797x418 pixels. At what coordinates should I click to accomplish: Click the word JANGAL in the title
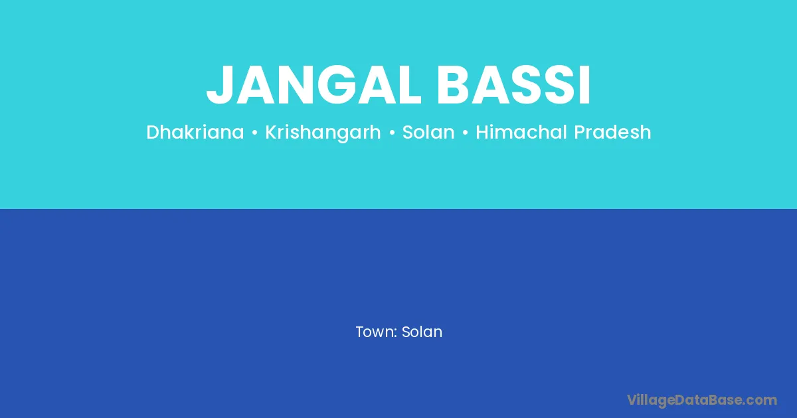(313, 85)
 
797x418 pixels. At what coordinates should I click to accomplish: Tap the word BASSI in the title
(513, 85)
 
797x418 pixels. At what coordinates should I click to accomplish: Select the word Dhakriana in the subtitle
(195, 132)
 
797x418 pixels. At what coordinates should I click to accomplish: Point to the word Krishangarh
(323, 133)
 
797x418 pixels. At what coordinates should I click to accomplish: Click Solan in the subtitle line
(428, 132)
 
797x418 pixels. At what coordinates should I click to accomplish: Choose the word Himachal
(521, 132)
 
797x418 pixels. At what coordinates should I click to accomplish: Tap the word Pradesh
(612, 132)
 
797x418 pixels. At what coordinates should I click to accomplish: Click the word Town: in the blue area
(377, 332)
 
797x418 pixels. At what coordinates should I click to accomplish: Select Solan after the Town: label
(422, 332)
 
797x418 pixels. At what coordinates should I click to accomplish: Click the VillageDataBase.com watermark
(702, 400)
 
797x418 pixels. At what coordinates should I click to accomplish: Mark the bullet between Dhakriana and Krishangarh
(254, 133)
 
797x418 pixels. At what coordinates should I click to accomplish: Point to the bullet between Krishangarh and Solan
(392, 133)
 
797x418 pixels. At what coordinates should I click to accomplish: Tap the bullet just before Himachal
(465, 133)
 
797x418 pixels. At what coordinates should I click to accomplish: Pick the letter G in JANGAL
(338, 85)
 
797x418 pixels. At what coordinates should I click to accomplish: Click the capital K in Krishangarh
(272, 132)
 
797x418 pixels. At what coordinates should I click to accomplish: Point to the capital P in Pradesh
(580, 132)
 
